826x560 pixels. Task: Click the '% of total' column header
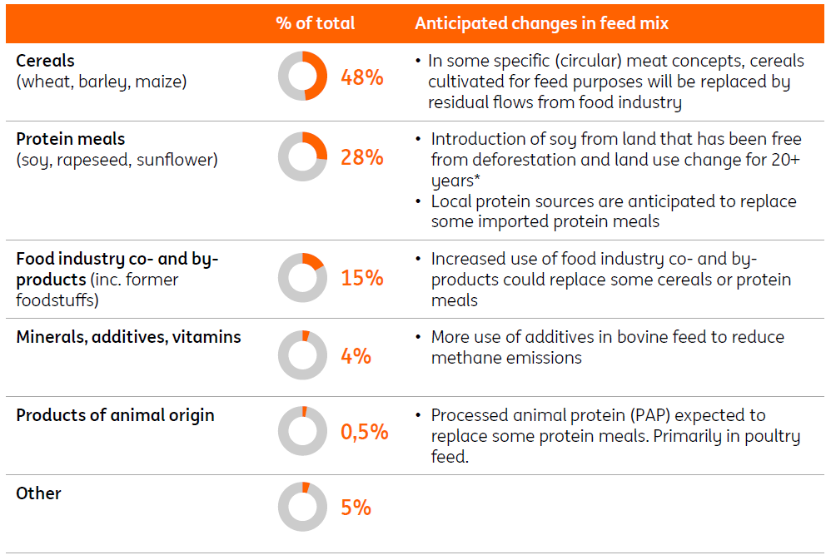pyautogui.click(x=315, y=23)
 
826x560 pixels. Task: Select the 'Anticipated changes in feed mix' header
pyautogui.click(x=541, y=23)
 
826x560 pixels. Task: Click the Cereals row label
pyautogui.click(x=45, y=61)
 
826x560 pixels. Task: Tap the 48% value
pyautogui.click(x=361, y=77)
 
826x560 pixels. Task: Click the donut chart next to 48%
pyautogui.click(x=302, y=77)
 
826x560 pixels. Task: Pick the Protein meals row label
pyautogui.click(x=70, y=139)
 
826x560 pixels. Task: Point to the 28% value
pyautogui.click(x=361, y=156)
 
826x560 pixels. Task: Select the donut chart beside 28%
pyautogui.click(x=302, y=156)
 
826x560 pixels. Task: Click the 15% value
pyautogui.click(x=361, y=278)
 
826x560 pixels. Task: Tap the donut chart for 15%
pyautogui.click(x=302, y=278)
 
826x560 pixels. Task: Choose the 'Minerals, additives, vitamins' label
pyautogui.click(x=128, y=337)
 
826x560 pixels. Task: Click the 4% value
pyautogui.click(x=356, y=356)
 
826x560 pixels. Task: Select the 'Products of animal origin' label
pyautogui.click(x=115, y=415)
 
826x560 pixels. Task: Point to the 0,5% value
pyautogui.click(x=364, y=432)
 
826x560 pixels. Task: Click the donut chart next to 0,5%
pyautogui.click(x=302, y=431)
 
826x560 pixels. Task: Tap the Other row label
pyautogui.click(x=38, y=493)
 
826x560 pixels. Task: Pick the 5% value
pyautogui.click(x=356, y=508)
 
